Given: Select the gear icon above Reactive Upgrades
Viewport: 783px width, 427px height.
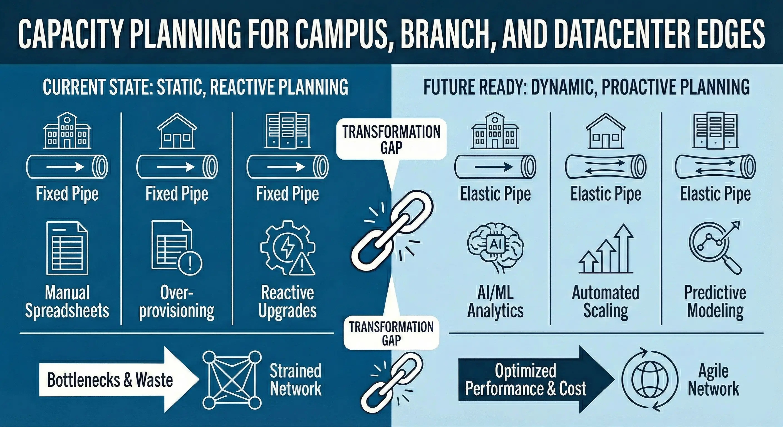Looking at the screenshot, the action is pos(288,248).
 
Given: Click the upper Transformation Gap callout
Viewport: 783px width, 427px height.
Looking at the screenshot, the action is pos(391,139).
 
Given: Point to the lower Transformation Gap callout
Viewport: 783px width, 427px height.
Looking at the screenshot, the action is pos(391,333).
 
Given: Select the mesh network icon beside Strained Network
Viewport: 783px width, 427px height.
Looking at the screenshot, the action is pos(232,380).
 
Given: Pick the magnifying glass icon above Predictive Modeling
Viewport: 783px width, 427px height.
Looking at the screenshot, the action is pos(715,248).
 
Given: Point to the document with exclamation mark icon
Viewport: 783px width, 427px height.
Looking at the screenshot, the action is pos(177,248).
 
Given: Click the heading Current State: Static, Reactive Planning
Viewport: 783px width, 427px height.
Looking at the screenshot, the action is pos(195,87).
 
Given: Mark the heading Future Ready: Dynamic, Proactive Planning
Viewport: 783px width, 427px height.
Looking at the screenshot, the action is pos(587,87).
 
